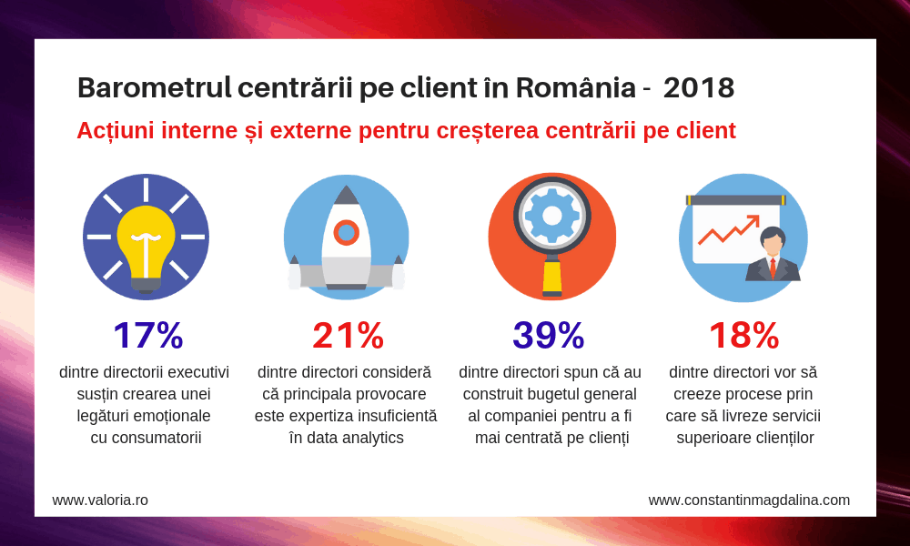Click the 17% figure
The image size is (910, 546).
pyautogui.click(x=147, y=335)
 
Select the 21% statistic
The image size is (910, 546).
pyautogui.click(x=348, y=335)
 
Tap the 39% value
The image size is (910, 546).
pyautogui.click(x=548, y=335)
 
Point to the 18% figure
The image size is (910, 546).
pyautogui.click(x=743, y=335)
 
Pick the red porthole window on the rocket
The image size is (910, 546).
pyautogui.click(x=346, y=232)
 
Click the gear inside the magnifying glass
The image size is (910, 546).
pyautogui.click(x=551, y=216)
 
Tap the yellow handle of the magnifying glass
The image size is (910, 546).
pyautogui.click(x=551, y=277)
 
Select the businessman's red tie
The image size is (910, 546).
pyautogui.click(x=773, y=268)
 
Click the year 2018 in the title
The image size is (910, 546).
pyautogui.click(x=698, y=88)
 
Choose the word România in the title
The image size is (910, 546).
pyautogui.click(x=575, y=88)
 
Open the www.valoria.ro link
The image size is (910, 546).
pyautogui.click(x=100, y=500)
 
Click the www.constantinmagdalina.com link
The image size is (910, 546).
pyautogui.click(x=749, y=500)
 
